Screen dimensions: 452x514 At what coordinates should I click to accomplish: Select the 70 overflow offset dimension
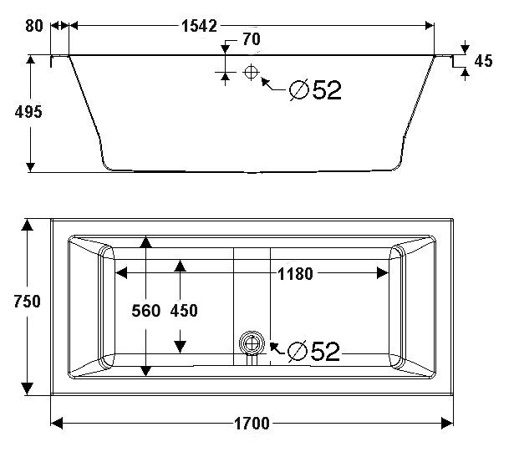pyautogui.click(x=251, y=38)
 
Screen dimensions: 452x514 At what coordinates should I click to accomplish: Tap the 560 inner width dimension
pyautogui.click(x=145, y=311)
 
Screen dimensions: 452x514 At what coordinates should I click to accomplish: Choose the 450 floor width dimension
pyautogui.click(x=183, y=311)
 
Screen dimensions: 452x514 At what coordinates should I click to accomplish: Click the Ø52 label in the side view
pyautogui.click(x=314, y=90)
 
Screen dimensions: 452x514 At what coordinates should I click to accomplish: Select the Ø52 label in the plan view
pyautogui.click(x=313, y=352)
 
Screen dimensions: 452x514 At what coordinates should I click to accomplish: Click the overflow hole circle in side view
pyautogui.click(x=250, y=73)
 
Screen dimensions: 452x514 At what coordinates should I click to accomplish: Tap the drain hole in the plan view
pyautogui.click(x=249, y=343)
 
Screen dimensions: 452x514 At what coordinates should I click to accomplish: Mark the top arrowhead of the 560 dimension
pyautogui.click(x=145, y=242)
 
